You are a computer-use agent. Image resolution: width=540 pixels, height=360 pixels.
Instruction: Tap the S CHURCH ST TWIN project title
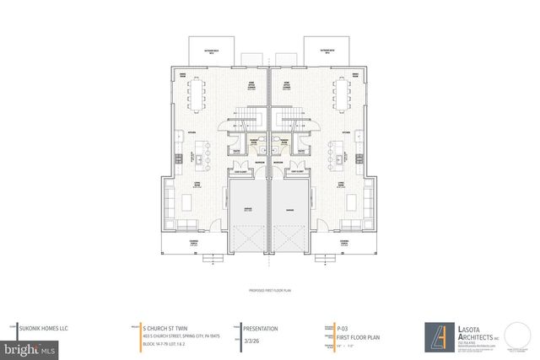tap(170, 327)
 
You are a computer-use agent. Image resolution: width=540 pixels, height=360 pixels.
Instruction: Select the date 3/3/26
tap(251, 341)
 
